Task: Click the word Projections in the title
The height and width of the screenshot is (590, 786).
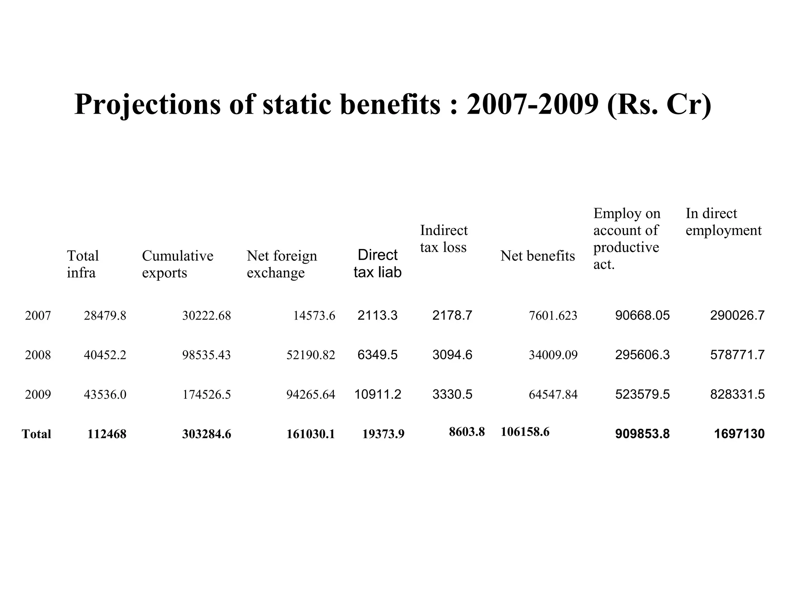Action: coord(147,104)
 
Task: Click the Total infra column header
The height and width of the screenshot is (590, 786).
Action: coord(83,264)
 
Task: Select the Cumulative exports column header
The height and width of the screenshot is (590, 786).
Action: coord(177,264)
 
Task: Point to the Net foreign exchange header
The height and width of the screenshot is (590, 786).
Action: coord(282,264)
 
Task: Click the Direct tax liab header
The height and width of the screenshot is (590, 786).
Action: coord(377,264)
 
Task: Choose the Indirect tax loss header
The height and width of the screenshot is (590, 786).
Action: coord(444,239)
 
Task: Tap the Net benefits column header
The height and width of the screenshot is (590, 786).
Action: coord(537,256)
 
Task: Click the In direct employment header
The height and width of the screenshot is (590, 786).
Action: coord(723,222)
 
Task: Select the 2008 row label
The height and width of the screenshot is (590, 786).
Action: coord(38,355)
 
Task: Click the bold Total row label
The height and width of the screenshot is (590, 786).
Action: coord(36,434)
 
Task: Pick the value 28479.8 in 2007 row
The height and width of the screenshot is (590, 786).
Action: coord(105,316)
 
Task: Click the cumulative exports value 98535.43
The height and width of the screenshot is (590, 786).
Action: coord(206,355)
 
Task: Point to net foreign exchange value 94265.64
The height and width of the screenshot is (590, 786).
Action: coord(310,394)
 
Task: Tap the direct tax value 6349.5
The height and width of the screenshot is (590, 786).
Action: coord(377,355)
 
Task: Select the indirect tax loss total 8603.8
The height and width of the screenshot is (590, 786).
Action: coord(467,432)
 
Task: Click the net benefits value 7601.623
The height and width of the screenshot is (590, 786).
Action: coord(553,316)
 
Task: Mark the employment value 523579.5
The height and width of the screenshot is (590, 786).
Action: coord(642,394)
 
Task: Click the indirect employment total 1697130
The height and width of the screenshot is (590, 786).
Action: coord(739,434)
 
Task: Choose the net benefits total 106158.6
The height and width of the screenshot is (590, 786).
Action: coord(525,432)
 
